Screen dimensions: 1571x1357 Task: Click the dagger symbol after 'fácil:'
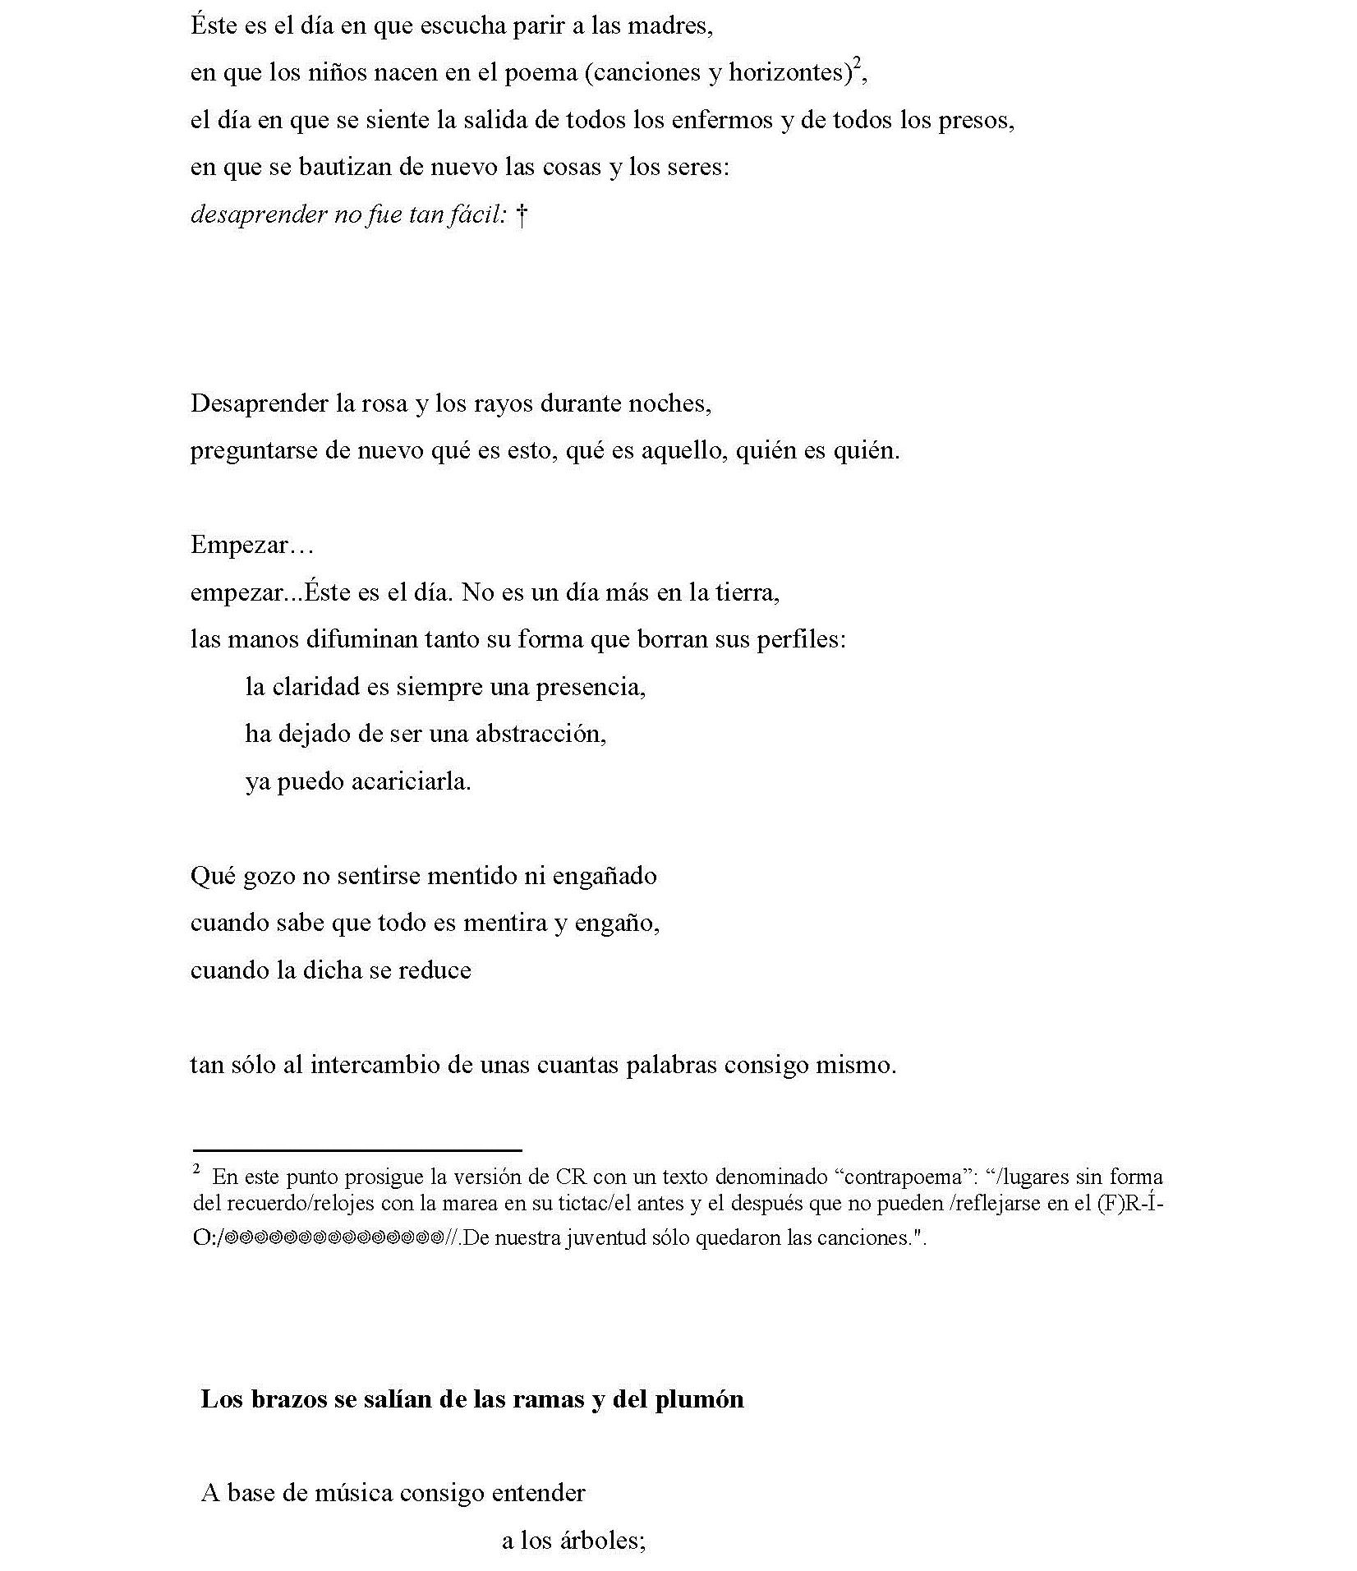(521, 215)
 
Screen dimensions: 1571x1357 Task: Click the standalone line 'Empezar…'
(252, 545)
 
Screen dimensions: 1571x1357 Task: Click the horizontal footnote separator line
(357, 1150)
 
